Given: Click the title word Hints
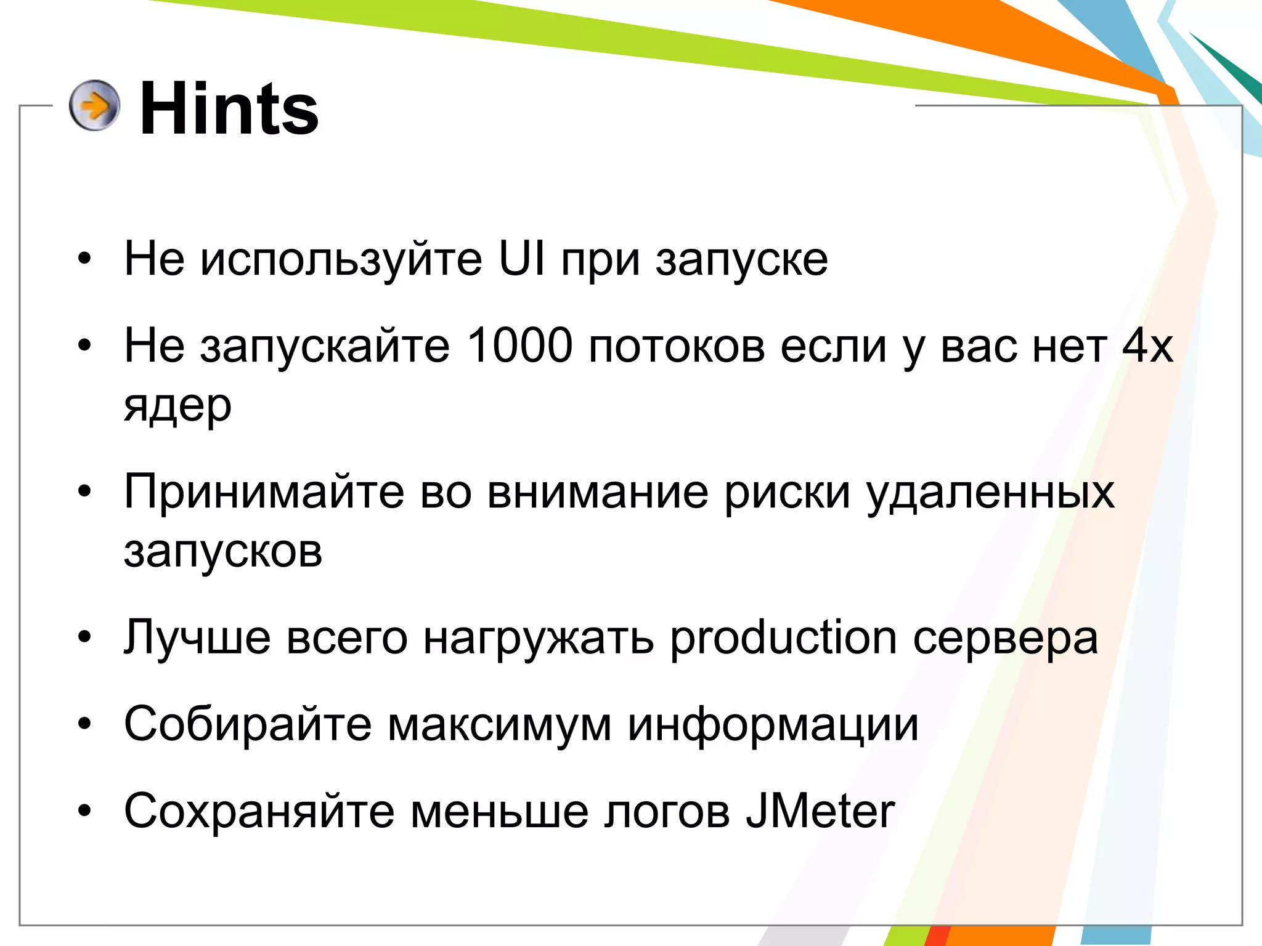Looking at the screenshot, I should coord(229,109).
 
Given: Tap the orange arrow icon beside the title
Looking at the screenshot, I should coord(94,105).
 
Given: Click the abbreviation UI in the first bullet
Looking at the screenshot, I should coord(522,259).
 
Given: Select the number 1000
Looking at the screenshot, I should coord(519,346).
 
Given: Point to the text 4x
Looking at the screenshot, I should coord(1147,346).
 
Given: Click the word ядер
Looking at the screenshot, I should coord(177,406).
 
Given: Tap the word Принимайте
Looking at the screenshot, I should coord(264,492).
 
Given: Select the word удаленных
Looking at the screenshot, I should coord(990,492).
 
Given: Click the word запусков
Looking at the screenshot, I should coord(223,551).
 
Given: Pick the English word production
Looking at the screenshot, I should coord(783,637).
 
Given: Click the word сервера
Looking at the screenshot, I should coord(1005,639).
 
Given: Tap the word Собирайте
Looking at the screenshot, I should coord(248,724).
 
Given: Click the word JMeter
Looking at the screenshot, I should coord(820,811).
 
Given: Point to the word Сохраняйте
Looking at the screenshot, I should coord(259,811).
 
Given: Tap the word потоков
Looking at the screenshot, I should coord(677,346).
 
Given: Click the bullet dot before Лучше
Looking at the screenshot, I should coord(84,637).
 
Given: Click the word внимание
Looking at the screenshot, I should coord(598,492).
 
